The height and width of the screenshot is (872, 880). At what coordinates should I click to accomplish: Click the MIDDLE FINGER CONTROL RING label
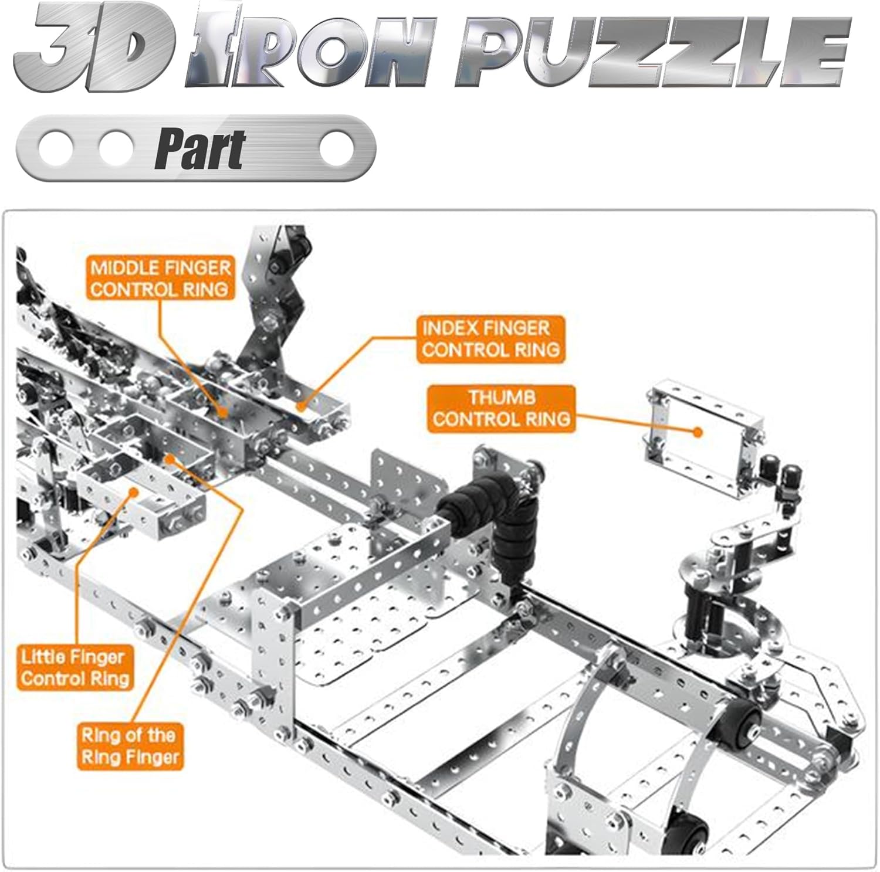coord(160,279)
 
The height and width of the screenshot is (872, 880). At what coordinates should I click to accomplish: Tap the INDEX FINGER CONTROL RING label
coord(490,339)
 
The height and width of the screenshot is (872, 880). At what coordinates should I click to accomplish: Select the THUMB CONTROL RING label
coord(502,408)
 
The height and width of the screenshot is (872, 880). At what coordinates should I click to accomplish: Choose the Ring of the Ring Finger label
coord(129,745)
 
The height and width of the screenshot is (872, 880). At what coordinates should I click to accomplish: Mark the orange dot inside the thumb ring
coord(698,432)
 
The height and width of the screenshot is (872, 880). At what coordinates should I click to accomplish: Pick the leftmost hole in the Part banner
coord(56,148)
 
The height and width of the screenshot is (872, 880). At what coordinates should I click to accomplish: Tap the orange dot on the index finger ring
coord(301,405)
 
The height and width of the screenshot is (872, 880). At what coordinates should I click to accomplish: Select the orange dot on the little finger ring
coord(135,493)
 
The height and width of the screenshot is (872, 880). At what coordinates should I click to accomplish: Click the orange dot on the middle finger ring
coord(224,412)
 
